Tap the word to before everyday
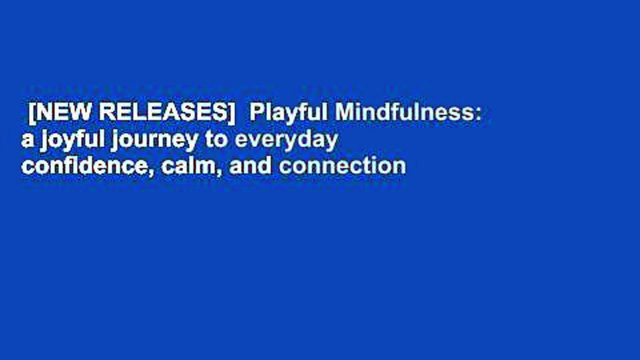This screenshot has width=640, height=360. [x=216, y=140]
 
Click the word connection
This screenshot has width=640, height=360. [x=342, y=165]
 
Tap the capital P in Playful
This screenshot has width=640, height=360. [x=255, y=113]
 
